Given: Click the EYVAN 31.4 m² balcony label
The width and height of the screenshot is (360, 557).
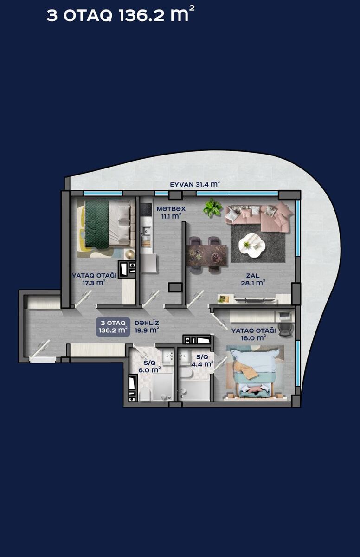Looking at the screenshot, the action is coord(195,184).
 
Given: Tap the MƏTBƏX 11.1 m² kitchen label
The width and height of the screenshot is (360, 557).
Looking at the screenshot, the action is coord(171,213).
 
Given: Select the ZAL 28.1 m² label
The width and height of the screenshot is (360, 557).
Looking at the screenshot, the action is coord(253,279).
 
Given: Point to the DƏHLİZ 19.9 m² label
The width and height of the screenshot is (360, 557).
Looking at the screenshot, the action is coord(147,326).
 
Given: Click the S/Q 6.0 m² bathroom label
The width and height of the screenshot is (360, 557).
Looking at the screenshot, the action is coord(149,367).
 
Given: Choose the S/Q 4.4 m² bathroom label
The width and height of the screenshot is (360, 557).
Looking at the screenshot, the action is coord(202,361).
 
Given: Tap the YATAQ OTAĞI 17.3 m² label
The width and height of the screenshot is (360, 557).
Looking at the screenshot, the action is coord(94,279).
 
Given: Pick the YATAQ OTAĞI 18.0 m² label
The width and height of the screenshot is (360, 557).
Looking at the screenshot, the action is coord(254,334).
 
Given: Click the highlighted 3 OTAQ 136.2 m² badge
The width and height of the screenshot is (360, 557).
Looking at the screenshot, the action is coord(113,327).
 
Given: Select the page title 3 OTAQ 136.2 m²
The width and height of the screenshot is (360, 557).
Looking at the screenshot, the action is coord(121,15).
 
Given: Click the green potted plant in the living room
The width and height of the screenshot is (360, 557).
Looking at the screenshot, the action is coord(212,207).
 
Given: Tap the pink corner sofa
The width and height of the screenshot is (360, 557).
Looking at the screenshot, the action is coord(259,216).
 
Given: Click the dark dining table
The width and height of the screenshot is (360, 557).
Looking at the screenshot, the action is coord(206,255).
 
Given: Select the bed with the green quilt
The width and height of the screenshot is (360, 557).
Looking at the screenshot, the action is coord(108,224).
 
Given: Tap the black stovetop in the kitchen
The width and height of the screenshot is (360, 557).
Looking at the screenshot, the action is coord(146,210).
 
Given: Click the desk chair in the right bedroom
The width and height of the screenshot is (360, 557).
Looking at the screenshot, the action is coord(285,329).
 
